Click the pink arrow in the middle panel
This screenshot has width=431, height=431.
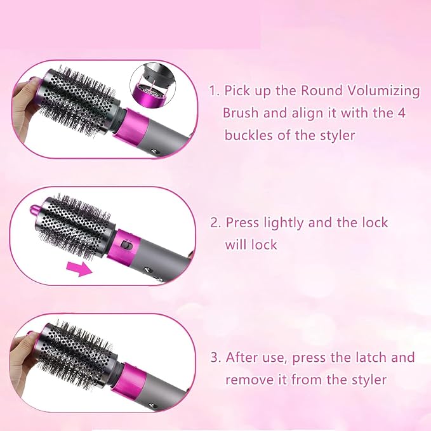point(79,269)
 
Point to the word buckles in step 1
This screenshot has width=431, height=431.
point(249,135)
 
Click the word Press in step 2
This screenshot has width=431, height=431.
point(242,222)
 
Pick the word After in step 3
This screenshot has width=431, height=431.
point(242,357)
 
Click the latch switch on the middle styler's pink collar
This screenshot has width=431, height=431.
point(127,244)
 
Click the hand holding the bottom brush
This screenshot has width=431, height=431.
point(23,363)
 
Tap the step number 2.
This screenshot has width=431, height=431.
point(216,223)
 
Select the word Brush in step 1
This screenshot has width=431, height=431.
point(240,113)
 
